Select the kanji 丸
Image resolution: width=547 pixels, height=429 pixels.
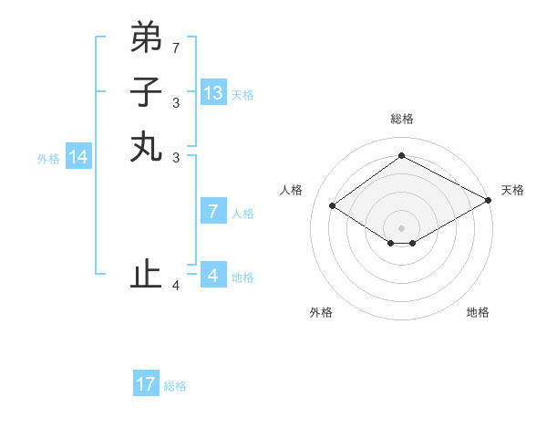[146, 146]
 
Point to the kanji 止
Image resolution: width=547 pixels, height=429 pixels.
[146, 274]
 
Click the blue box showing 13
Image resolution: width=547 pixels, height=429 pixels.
[212, 92]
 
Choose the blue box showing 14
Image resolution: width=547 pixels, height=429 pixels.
[78, 157]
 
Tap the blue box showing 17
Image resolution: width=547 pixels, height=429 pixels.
[146, 384]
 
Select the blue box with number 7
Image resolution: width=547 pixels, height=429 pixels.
[212, 212]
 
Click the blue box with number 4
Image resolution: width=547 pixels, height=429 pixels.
[212, 275]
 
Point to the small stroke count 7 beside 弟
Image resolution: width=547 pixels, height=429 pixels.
[176, 47]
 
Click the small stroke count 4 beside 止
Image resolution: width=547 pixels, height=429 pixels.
[176, 286]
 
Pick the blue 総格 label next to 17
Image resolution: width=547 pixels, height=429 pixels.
[175, 386]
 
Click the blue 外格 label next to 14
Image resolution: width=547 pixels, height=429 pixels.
[48, 159]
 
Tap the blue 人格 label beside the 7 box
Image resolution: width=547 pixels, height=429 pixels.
[243, 214]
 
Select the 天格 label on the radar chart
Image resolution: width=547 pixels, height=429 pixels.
[512, 190]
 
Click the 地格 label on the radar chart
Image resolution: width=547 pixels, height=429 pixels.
[478, 312]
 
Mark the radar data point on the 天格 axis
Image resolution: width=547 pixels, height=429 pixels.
[489, 200]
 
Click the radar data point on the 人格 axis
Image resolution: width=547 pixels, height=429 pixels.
[333, 206]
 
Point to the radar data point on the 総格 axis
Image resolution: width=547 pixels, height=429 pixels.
[401, 156]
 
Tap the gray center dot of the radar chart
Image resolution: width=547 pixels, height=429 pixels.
[401, 227]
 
